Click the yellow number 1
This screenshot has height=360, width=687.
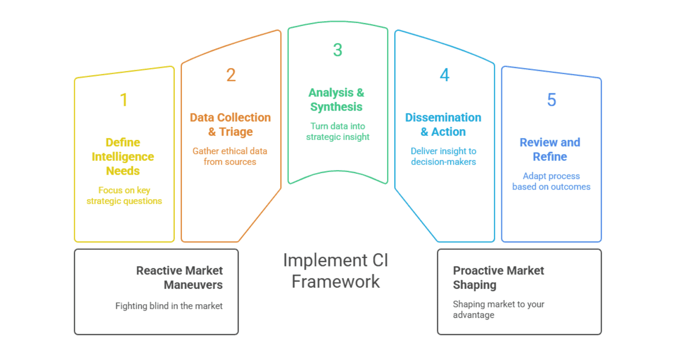coord(124,100)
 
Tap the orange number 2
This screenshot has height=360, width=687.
coord(231,75)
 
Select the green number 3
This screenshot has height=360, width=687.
coord(337,50)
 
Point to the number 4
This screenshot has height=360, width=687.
coord(444,75)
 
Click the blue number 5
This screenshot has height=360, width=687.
coord(551,100)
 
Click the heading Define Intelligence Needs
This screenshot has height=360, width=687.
coord(123,156)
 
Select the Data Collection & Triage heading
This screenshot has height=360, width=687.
coord(230,125)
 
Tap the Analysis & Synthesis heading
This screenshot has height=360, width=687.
coord(336,100)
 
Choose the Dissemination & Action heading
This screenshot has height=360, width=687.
coord(443,125)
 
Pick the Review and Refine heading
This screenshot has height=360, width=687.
coord(550,149)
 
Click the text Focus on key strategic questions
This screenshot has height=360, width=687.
coord(124,195)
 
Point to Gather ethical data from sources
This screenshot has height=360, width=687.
coord(230,156)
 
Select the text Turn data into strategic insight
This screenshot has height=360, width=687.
coord(337,131)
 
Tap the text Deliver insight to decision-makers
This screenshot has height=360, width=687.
coord(444,156)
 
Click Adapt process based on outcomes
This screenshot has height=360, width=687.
coord(551,181)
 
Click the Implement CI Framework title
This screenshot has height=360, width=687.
coord(336,271)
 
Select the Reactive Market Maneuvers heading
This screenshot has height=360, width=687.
coord(179,278)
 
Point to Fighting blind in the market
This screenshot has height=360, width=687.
coord(169,306)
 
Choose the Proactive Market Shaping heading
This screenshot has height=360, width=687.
coord(498,278)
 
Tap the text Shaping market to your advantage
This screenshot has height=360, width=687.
coord(498,309)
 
